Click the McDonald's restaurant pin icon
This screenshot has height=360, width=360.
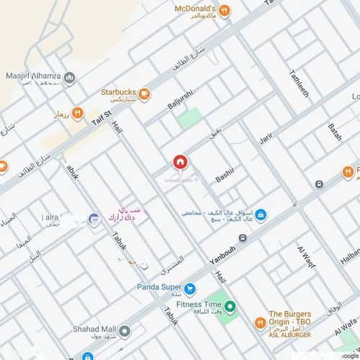click(225, 10)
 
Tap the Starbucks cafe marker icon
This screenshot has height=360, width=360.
click(145, 92)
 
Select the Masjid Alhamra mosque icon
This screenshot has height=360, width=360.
click(69, 78)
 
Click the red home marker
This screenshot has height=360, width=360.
click(179, 163)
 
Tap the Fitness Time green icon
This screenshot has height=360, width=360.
click(230, 308)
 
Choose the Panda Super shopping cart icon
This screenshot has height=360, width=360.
click(190, 289)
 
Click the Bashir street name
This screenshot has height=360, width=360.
click(225, 174)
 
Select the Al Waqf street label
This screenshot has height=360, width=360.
click(303, 261)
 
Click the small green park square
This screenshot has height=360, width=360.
click(190, 117)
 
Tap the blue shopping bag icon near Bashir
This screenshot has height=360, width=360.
click(261, 215)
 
